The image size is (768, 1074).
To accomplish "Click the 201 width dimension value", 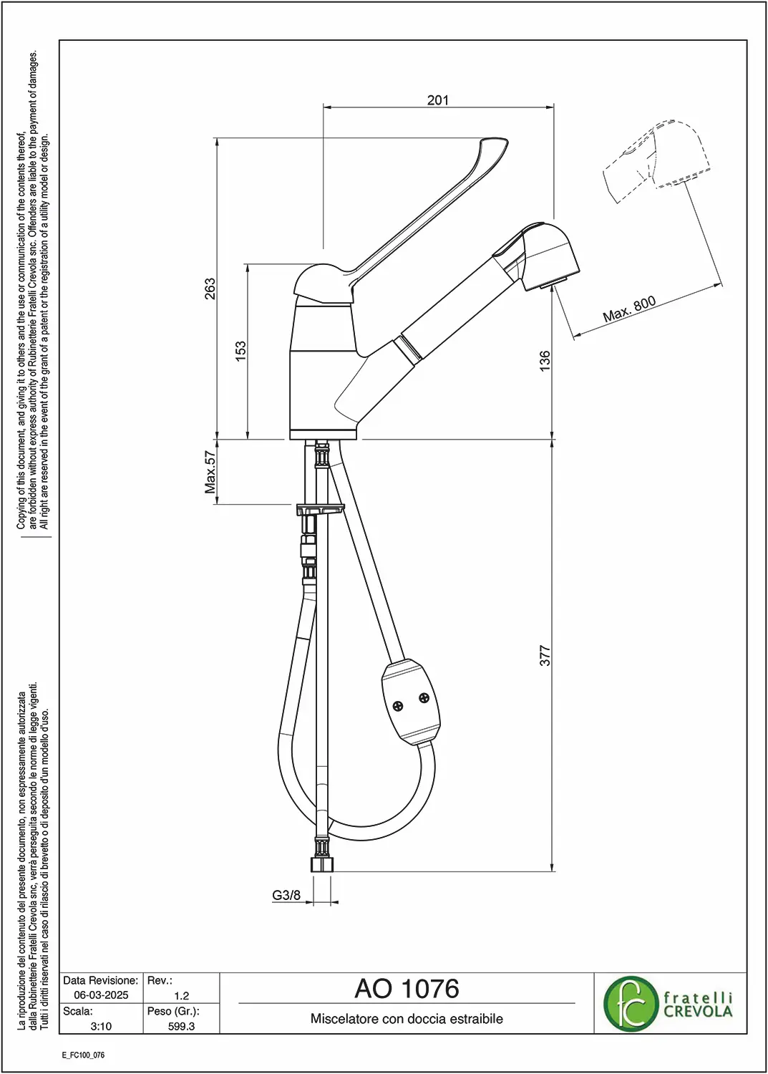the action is (x=437, y=100).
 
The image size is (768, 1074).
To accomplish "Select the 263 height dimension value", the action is (x=210, y=288).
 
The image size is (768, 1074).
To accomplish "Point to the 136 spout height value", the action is (x=545, y=361).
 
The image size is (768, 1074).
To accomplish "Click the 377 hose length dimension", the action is (x=545, y=655).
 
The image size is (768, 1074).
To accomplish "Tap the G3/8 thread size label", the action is (x=286, y=895).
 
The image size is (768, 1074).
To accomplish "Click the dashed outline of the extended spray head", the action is (x=656, y=161).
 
